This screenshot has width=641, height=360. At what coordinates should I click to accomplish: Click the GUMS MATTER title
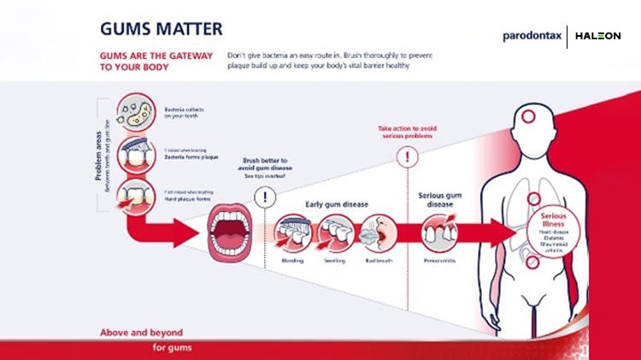coord(162,28)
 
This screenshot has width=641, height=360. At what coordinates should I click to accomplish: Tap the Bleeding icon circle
coord(294,232)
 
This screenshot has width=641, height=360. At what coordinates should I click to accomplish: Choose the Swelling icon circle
coord(334,232)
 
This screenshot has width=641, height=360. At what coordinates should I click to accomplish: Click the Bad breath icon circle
coord(377,232)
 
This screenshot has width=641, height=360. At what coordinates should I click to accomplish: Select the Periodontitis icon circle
coord(440,232)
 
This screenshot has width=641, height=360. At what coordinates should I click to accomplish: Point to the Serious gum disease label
coord(441,199)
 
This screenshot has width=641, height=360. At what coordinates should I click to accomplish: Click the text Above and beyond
coord(143,332)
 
